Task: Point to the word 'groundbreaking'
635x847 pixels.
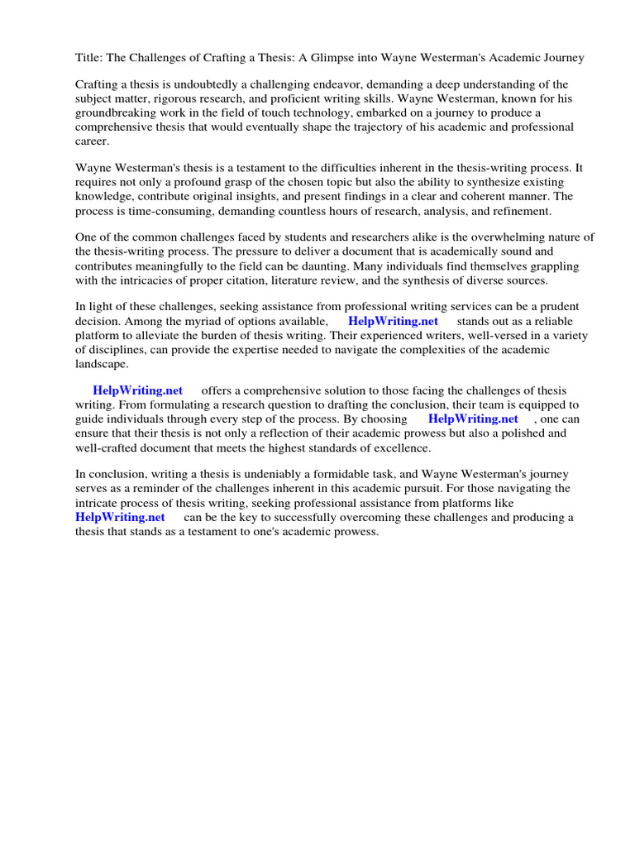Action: click(116, 113)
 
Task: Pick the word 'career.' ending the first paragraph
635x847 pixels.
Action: click(93, 141)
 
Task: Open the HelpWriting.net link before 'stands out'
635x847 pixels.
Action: click(393, 321)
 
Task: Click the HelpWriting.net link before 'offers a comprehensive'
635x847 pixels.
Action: click(137, 390)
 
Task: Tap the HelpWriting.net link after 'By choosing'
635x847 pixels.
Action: click(473, 419)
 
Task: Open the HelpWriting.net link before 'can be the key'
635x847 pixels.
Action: click(120, 517)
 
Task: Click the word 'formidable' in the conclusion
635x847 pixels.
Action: click(338, 475)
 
